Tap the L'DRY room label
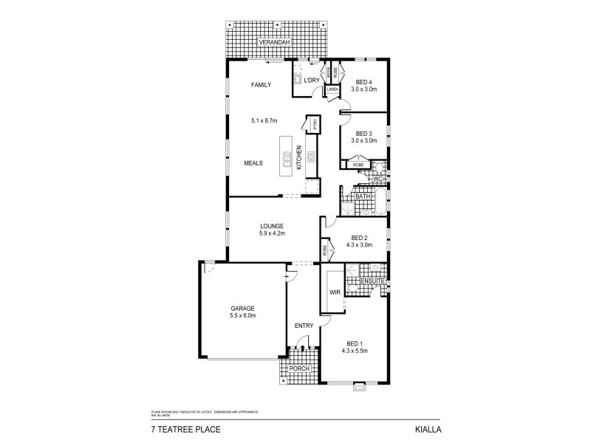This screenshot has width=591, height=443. tap(311, 80)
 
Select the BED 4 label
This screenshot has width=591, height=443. tap(363, 81)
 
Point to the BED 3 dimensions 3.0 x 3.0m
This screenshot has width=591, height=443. tap(363, 140)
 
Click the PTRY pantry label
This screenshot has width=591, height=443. tap(315, 126)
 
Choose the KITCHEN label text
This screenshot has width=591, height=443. tap(299, 158)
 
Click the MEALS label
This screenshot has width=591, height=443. tap(254, 163)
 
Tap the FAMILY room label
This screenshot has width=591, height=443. tap(261, 85)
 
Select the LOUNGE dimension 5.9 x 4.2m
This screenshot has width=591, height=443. tap(272, 233)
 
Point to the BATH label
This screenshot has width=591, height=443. tap(362, 196)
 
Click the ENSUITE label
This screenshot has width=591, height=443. tap(372, 281)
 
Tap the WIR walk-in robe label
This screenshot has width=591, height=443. tap(335, 292)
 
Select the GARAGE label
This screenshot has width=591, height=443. tap(242, 308)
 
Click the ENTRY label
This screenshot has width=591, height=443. tap(304, 326)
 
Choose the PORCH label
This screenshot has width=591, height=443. tap(299, 369)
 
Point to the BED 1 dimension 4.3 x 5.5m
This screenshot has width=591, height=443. tap(355, 351)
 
